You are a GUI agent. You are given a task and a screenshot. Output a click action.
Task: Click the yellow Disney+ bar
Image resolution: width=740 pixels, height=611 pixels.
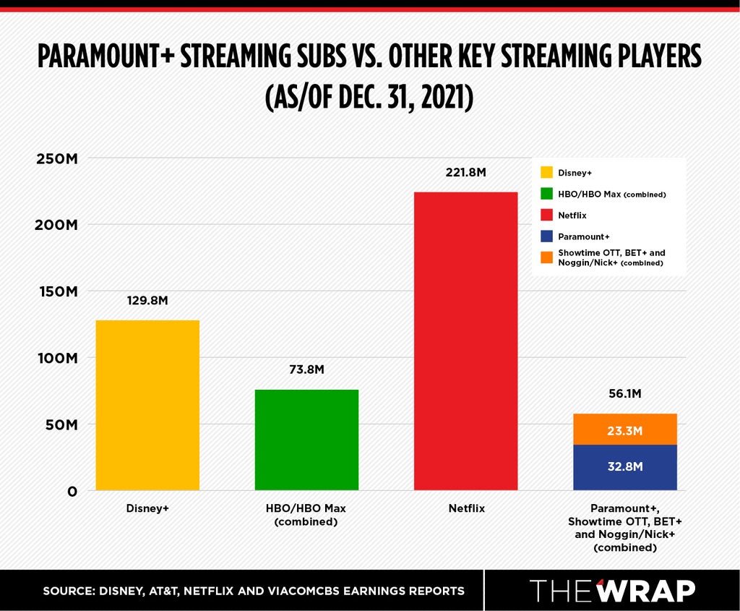click(147, 405)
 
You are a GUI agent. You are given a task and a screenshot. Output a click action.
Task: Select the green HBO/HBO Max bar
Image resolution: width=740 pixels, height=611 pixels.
click(306, 440)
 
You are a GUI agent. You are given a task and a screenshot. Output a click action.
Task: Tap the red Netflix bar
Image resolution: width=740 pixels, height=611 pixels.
click(466, 341)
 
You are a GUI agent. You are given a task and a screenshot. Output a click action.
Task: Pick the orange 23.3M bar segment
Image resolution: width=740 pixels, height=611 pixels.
click(625, 430)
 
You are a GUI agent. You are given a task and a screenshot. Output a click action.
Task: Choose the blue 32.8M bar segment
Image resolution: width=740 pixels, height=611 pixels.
click(625, 467)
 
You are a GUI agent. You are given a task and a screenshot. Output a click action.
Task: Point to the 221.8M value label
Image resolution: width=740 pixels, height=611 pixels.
click(466, 172)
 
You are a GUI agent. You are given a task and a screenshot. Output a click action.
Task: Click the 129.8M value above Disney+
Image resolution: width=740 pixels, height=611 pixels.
click(147, 301)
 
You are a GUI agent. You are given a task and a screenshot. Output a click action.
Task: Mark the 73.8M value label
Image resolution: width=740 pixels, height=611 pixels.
click(306, 369)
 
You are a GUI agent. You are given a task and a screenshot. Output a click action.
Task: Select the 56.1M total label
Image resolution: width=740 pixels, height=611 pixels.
click(625, 394)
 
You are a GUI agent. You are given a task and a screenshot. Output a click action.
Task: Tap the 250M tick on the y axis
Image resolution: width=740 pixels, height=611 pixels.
click(57, 158)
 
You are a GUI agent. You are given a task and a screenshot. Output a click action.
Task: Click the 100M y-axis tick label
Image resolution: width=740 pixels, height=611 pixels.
click(58, 359)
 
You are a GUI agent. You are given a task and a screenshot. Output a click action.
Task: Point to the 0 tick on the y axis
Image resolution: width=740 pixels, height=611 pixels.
click(72, 492)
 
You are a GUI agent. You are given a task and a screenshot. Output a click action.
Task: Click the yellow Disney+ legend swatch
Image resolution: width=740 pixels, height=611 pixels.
click(546, 172)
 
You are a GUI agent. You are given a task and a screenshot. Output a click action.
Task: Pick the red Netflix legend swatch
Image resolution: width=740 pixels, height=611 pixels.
click(546, 215)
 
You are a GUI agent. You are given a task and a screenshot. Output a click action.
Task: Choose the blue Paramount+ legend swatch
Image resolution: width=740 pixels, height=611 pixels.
click(546, 236)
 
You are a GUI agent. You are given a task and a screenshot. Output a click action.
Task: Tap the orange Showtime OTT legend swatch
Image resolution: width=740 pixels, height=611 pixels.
click(546, 257)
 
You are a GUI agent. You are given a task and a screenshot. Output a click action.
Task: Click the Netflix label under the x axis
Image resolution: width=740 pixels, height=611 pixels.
click(466, 508)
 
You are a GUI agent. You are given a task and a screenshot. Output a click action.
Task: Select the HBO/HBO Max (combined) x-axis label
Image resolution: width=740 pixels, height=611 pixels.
click(306, 515)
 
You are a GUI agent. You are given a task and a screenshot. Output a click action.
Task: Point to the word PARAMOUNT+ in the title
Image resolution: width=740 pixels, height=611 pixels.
click(106, 56)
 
